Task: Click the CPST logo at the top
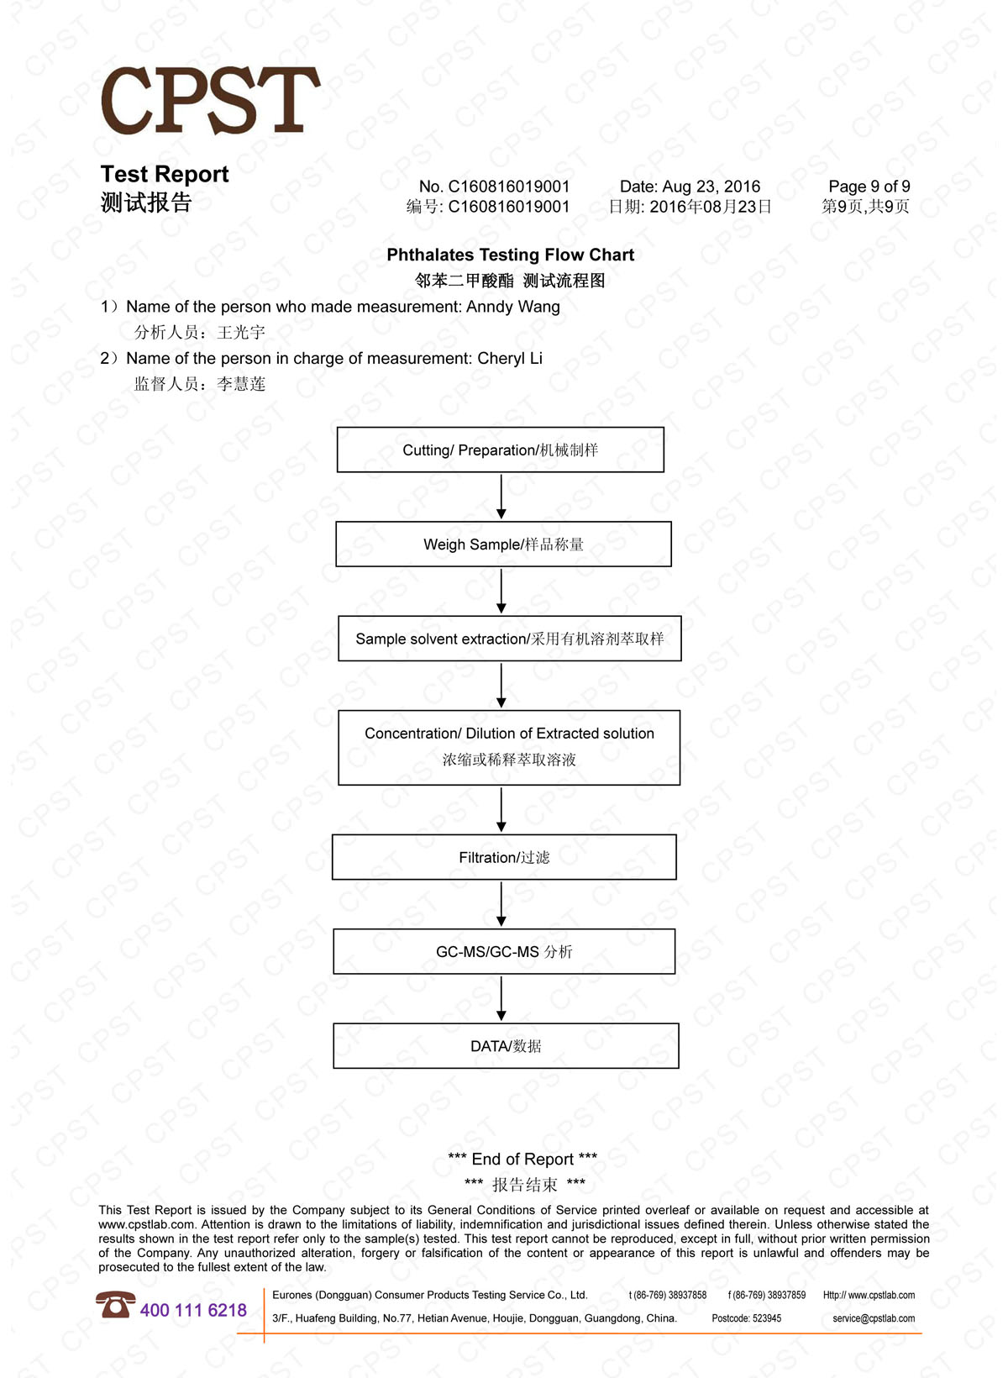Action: [x=210, y=101]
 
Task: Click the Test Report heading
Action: [x=165, y=174]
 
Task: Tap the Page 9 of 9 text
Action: [x=869, y=187]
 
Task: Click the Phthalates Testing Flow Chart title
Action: [x=510, y=255]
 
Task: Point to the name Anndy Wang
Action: [x=513, y=307]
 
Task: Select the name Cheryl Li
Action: [x=510, y=359]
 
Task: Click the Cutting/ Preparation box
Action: [x=500, y=450]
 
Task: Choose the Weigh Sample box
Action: [x=503, y=544]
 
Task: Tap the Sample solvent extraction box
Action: [x=509, y=639]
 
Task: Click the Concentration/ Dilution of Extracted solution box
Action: [x=509, y=747]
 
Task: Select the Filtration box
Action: [x=504, y=857]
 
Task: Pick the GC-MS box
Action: [x=504, y=951]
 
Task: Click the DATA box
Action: [x=506, y=1046]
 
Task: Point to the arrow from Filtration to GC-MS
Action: [x=501, y=904]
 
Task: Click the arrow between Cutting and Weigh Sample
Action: [x=501, y=497]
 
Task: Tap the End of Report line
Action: [x=522, y=1160]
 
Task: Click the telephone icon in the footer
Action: [x=115, y=1305]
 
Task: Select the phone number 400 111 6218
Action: [x=193, y=1310]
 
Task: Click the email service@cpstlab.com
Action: [x=874, y=1318]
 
